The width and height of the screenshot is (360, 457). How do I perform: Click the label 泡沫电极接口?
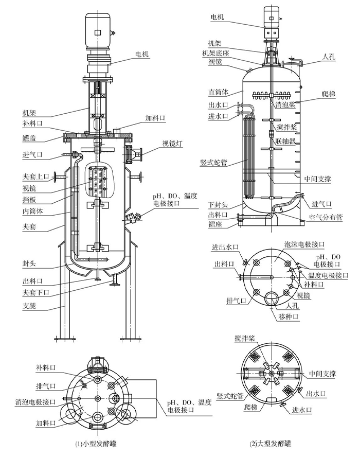pyautogui.click(x=307, y=243)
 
